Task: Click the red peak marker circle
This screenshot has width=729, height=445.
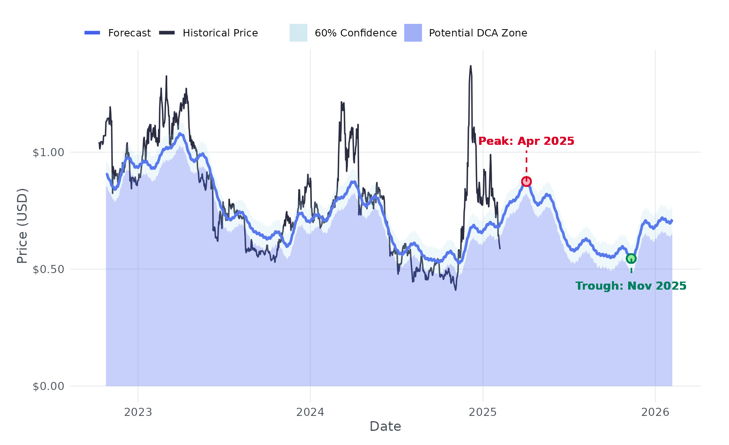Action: pyautogui.click(x=526, y=181)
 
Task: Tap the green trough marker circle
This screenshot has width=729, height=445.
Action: pyautogui.click(x=631, y=259)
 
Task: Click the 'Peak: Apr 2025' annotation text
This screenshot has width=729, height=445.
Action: pyautogui.click(x=526, y=141)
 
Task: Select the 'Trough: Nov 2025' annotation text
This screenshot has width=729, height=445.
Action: pyautogui.click(x=631, y=286)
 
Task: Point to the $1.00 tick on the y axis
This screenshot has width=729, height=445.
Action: pyautogui.click(x=49, y=153)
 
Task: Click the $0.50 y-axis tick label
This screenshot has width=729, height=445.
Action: pyautogui.click(x=49, y=269)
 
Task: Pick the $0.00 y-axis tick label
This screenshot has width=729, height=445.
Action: pyautogui.click(x=49, y=386)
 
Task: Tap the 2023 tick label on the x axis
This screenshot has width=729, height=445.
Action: pyautogui.click(x=138, y=412)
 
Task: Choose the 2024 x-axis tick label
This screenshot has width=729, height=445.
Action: pyautogui.click(x=310, y=412)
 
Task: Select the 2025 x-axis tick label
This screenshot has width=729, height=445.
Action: pyautogui.click(x=483, y=412)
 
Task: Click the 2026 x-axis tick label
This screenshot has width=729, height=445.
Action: pyautogui.click(x=655, y=412)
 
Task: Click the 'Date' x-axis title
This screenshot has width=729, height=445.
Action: pyautogui.click(x=385, y=426)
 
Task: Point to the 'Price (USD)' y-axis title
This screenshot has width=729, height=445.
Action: pyautogui.click(x=22, y=226)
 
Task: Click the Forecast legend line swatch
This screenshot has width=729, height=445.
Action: pyautogui.click(x=92, y=33)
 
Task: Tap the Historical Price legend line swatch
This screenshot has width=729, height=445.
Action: pyautogui.click(x=167, y=33)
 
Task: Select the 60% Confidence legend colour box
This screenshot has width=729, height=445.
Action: pyautogui.click(x=298, y=33)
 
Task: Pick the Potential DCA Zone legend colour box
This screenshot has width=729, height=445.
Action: pyautogui.click(x=413, y=33)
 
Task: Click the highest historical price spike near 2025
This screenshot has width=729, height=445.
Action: pyautogui.click(x=471, y=66)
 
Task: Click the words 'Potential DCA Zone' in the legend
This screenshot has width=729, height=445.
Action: pyautogui.click(x=478, y=33)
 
